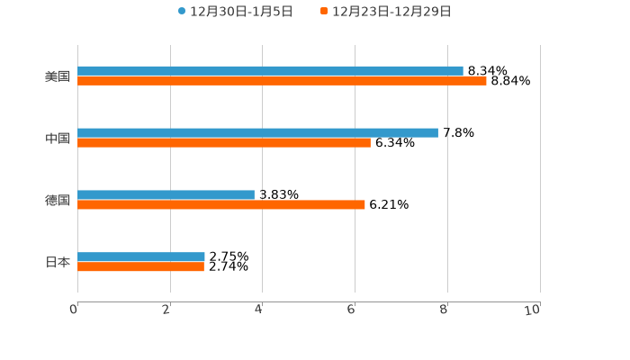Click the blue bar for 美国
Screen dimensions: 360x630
coord(270,70)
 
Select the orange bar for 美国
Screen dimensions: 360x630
coord(282,81)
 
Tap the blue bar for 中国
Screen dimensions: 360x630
coord(257,132)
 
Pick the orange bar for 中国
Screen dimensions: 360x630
coord(224,143)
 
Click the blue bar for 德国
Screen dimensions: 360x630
coord(166,194)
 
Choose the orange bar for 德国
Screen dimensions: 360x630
coord(221,205)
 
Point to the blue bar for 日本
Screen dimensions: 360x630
coord(141,256)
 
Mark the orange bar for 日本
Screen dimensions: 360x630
coord(140,267)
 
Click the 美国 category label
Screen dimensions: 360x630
coord(58,76)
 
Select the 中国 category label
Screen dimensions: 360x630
coord(58,138)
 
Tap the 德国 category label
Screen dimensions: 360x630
coord(58,200)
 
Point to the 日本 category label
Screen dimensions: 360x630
coord(58,262)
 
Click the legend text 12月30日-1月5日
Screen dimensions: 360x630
coord(241,12)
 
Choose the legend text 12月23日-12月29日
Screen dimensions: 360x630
coord(391,12)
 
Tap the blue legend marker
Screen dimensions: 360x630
coord(182,12)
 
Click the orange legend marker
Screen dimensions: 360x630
coord(324,12)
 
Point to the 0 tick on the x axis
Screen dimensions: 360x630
coord(74,310)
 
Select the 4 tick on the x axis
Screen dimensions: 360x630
coord(259,310)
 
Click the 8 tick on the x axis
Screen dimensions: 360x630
coord(444,310)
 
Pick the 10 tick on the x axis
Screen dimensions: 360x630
coord(533,310)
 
